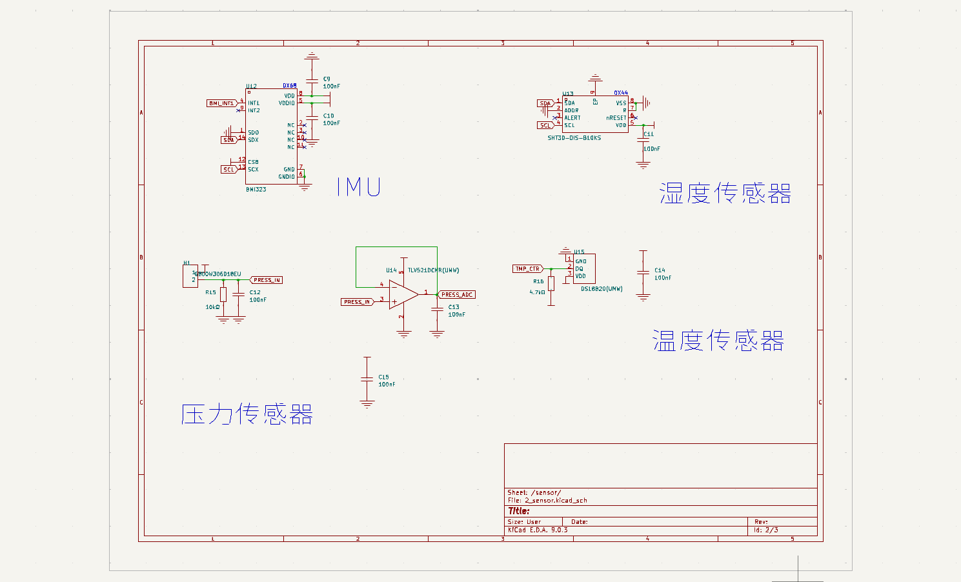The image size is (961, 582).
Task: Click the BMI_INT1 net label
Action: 221,103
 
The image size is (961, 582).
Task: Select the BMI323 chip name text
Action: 256,190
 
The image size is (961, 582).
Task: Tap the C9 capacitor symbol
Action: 312,81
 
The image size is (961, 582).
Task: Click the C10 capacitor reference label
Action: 329,116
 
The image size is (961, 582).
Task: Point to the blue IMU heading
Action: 359,187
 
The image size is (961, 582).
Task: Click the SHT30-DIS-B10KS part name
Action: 574,138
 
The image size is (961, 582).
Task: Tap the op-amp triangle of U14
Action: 403,295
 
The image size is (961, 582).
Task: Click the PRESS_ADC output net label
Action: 457,295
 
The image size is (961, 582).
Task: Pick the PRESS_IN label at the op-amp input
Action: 357,302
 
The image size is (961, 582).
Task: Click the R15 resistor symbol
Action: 223,295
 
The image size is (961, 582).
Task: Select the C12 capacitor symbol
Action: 239,295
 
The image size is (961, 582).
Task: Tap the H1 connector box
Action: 190,277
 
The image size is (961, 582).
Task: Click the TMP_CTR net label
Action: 527,269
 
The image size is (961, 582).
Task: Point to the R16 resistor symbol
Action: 551,283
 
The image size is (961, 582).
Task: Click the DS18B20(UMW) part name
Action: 602,289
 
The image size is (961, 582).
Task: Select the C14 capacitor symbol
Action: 643,273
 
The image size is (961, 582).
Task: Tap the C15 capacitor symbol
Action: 367,379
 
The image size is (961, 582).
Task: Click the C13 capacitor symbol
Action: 437,310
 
